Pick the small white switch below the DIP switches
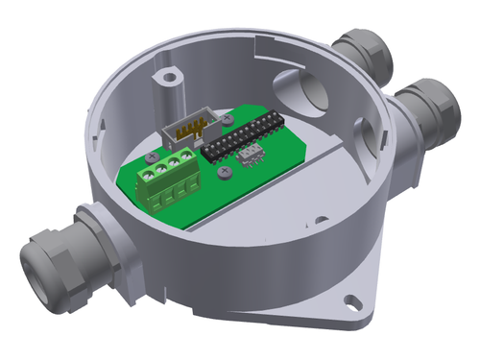[248, 156]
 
